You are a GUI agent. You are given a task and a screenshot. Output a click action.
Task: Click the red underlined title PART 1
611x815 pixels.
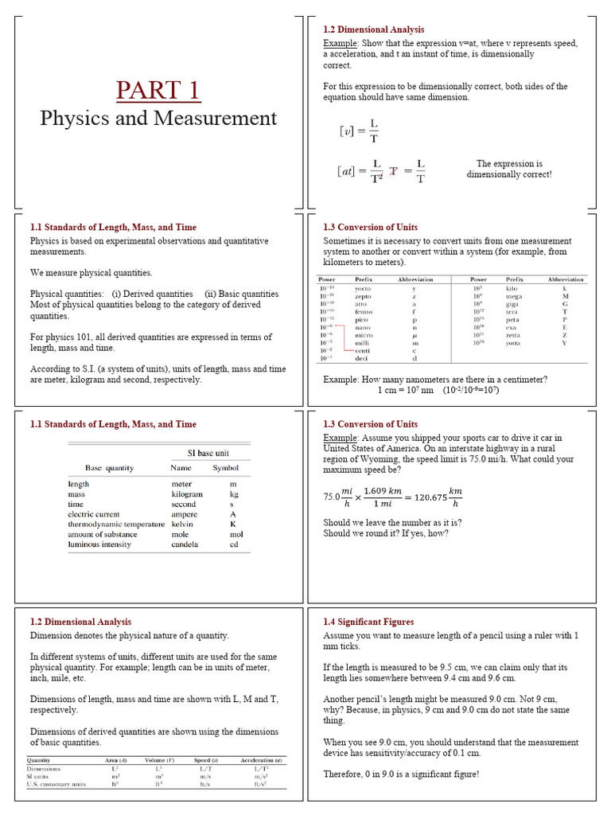(x=158, y=89)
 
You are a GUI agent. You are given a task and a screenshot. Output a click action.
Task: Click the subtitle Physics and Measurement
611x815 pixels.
(x=158, y=119)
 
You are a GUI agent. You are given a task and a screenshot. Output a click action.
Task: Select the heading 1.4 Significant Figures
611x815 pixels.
(x=369, y=622)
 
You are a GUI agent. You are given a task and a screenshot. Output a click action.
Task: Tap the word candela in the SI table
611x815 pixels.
(x=185, y=545)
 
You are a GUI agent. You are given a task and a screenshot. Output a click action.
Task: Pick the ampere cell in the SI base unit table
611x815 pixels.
(x=185, y=514)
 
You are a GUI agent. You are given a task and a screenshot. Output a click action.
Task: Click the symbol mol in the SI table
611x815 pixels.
(x=234, y=535)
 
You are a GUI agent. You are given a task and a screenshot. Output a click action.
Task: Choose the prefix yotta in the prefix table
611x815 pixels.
(x=513, y=343)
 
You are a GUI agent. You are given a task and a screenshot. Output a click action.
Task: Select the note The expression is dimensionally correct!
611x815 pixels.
(x=509, y=169)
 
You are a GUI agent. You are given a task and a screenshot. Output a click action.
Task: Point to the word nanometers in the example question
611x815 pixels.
(x=430, y=380)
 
